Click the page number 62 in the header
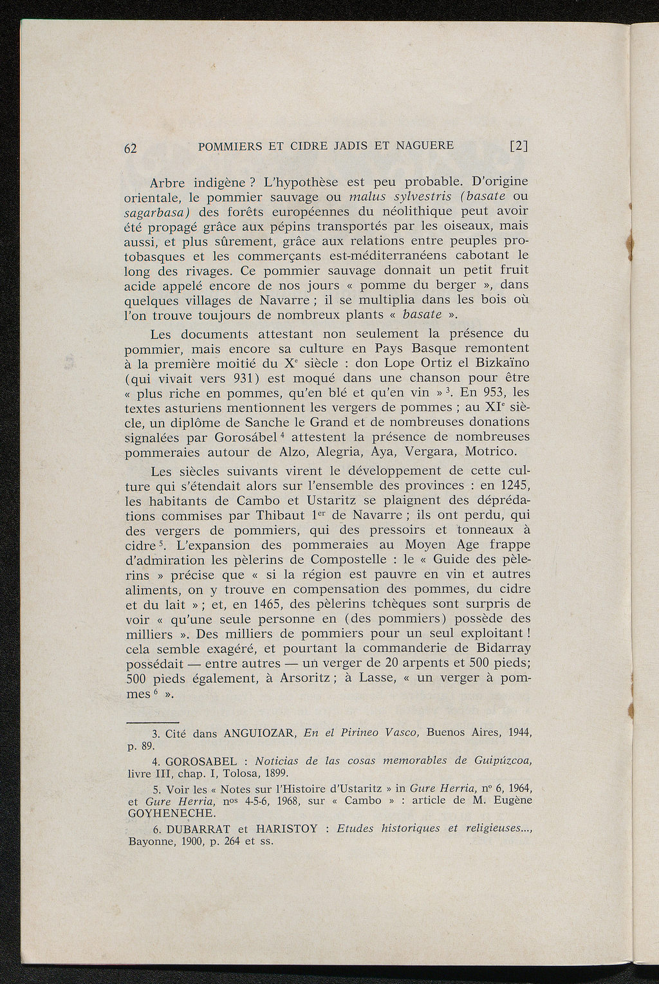(130, 147)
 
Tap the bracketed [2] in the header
(519, 145)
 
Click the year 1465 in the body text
(265, 604)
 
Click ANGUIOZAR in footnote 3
(259, 733)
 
